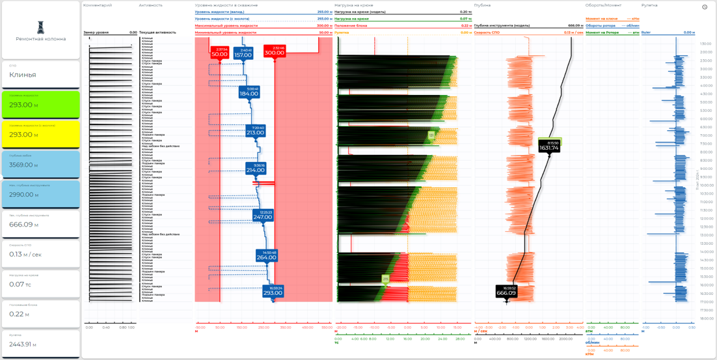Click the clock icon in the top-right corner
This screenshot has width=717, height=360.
(705, 7)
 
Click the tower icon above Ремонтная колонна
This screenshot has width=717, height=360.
(40, 27)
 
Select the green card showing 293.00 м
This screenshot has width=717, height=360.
(40, 104)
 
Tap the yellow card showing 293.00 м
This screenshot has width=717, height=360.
(40, 134)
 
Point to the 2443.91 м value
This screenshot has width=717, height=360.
(23, 344)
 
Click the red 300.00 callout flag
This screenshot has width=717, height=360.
(275, 52)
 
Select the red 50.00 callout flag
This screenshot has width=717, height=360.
(220, 53)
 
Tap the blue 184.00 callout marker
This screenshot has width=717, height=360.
(249, 92)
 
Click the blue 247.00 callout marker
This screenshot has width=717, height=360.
(263, 215)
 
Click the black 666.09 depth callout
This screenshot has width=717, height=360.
(506, 292)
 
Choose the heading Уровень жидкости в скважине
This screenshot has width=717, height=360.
(226, 5)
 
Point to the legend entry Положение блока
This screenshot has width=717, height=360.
(352, 25)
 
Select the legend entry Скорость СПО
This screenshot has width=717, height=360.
(487, 33)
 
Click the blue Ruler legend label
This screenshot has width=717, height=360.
(646, 33)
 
